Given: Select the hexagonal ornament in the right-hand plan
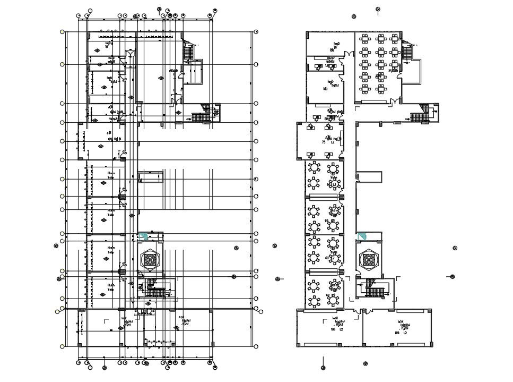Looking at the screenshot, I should click(368, 259).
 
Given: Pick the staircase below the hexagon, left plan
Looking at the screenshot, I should click(155, 291).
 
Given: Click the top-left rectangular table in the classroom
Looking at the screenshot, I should click(365, 38).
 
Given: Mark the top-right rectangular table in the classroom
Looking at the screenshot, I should click(394, 38).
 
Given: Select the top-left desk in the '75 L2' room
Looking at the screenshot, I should click(310, 127).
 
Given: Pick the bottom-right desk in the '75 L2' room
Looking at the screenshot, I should click(328, 156).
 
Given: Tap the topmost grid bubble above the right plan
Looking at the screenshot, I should click(378, 9).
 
